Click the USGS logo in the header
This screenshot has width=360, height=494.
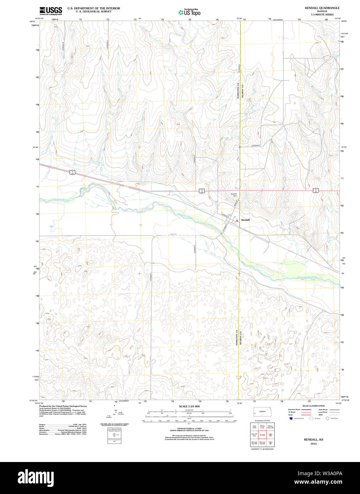point(50,10)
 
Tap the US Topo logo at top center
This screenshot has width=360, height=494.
point(189,12)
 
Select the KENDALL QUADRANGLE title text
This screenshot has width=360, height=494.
point(322,8)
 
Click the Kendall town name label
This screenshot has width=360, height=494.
point(246,220)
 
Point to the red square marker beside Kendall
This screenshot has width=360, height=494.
point(237,220)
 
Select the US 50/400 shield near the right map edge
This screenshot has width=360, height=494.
point(316,190)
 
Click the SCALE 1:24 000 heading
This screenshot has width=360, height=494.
point(189,406)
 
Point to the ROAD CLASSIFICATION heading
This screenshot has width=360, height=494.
point(313,406)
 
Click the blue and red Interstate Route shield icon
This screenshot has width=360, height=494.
point(291,418)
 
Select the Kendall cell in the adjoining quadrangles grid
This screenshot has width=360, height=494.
point(263,435)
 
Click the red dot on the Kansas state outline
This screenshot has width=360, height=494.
point(255,413)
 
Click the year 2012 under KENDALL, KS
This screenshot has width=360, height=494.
point(313,444)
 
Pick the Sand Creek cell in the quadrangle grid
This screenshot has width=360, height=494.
point(254,427)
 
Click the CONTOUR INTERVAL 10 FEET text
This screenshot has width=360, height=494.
point(189,429)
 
